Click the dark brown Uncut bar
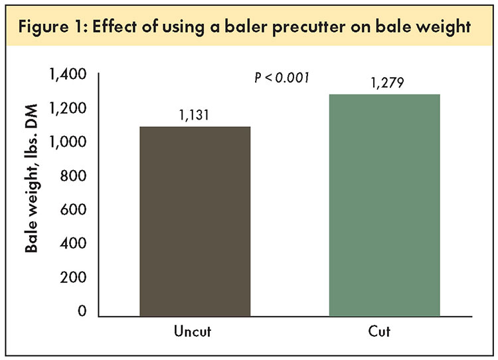(x=195, y=221)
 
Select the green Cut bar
(x=384, y=205)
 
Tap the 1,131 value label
(x=194, y=115)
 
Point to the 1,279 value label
(x=387, y=82)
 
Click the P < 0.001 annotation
(x=282, y=78)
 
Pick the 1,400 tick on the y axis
(x=68, y=74)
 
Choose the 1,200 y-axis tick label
(x=68, y=108)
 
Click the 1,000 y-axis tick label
(x=68, y=142)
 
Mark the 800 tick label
(x=73, y=176)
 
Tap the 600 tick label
(x=73, y=209)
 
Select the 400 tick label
(x=73, y=243)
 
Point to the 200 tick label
(x=73, y=278)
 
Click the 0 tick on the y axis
(x=82, y=311)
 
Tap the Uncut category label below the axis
(x=193, y=331)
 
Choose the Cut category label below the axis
(x=379, y=331)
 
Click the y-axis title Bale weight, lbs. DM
(x=31, y=178)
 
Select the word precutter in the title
(x=308, y=27)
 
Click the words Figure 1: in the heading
(x=52, y=27)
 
